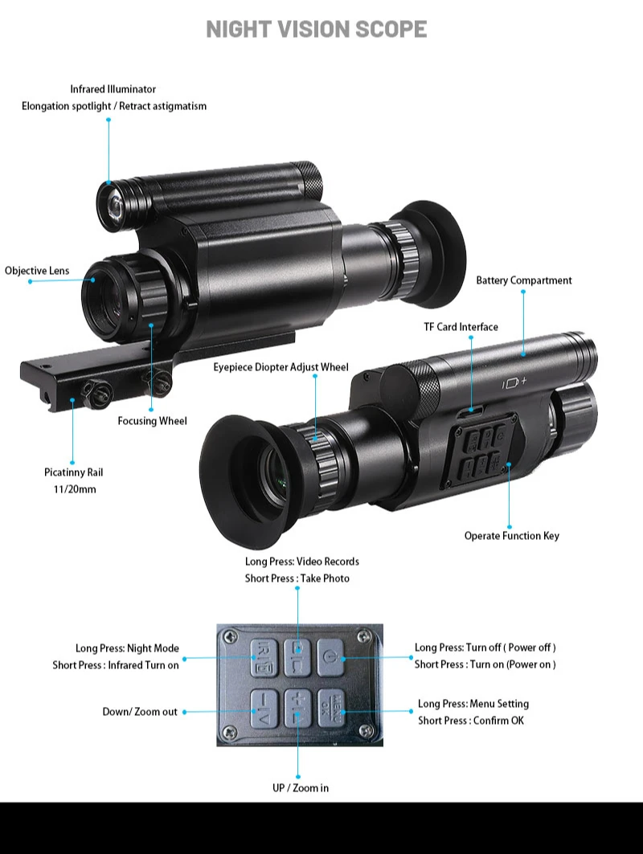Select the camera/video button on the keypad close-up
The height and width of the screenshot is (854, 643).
297,652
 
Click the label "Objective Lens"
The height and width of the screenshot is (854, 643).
37,271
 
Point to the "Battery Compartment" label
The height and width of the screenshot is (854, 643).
524,280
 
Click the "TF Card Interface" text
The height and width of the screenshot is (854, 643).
461,327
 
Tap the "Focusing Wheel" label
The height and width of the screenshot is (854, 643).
152,421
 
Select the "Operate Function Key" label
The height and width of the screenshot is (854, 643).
511,536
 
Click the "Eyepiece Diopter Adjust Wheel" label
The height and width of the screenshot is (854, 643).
281,367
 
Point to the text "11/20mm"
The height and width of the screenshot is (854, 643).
73,488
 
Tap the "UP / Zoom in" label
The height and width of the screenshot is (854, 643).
300,788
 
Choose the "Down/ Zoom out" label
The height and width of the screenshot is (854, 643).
140,712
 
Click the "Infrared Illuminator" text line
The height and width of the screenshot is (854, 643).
113,89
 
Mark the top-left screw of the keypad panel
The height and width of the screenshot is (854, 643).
231,635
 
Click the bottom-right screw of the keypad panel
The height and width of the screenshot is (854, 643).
369,733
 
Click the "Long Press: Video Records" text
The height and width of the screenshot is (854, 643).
302,562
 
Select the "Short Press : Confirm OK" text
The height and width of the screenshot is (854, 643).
470,721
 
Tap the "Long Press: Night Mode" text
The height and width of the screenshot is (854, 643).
127,648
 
